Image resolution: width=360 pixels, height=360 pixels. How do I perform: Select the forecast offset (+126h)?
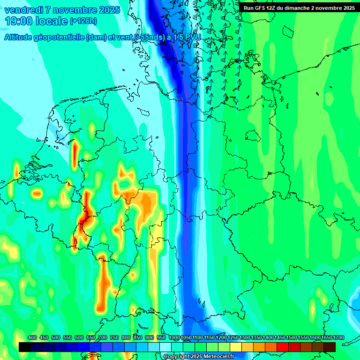click(x=83, y=21)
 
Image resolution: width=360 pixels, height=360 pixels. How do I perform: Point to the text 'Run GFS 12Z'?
click(x=259, y=7)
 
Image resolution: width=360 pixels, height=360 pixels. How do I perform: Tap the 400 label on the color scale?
click(x=32, y=337)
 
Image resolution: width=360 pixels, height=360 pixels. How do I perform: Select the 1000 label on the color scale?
click(x=174, y=337)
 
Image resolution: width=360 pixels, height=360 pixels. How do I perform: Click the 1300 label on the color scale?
click(x=245, y=337)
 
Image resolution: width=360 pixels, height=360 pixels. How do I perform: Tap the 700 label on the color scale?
click(x=103, y=337)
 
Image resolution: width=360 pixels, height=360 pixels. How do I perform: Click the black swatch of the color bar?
click(x=25, y=347)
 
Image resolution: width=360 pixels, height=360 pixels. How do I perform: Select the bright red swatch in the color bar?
click(x=282, y=347)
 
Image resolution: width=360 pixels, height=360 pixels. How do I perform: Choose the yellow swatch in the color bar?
click(x=236, y=347)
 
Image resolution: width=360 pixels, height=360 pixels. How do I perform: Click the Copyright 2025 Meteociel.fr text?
click(x=199, y=357)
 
